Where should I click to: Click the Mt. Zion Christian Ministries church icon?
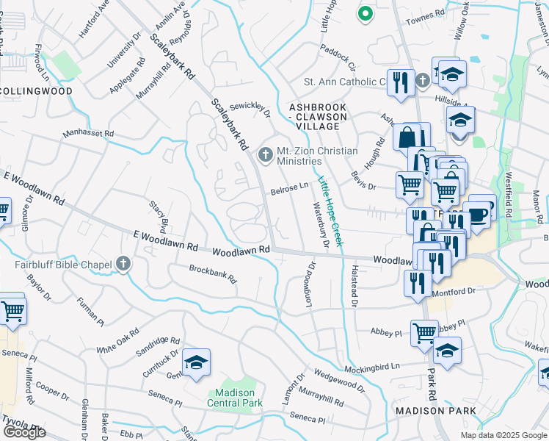pos(266,154)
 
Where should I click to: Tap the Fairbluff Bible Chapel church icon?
pos(123,264)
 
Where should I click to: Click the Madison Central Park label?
pos(235,397)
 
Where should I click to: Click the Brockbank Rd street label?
pos(214,273)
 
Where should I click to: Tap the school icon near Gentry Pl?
pos(196,363)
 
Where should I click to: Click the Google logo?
pos(24,432)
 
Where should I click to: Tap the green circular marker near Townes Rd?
pos(365,12)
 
